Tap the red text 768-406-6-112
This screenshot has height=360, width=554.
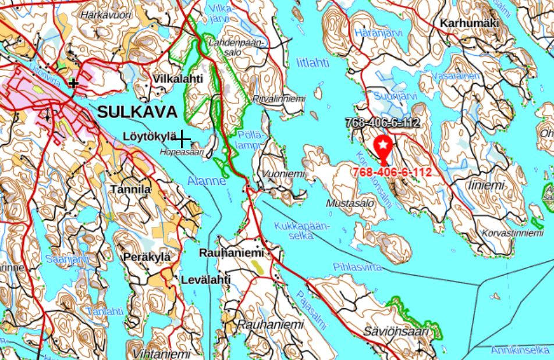coord(392,172)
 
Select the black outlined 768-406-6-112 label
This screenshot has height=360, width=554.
coord(382,123)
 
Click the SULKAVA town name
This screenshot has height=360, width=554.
coord(137,112)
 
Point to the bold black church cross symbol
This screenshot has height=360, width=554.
coord(73,83)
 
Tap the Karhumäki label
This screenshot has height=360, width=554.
coord(470,23)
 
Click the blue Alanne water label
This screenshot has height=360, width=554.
coord(207,181)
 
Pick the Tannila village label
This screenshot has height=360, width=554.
coord(130,189)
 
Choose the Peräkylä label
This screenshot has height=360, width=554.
coord(147,256)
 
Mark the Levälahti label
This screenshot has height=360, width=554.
coord(206,280)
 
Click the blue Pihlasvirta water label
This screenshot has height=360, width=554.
coord(357,267)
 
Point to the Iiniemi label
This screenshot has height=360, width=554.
coord(485,185)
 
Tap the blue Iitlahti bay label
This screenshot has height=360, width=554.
coord(312,62)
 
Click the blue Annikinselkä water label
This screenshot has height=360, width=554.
coord(520,350)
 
